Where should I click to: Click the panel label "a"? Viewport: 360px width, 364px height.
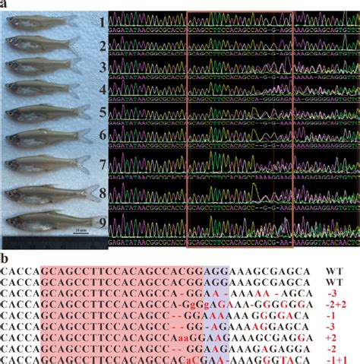tap(4, 5)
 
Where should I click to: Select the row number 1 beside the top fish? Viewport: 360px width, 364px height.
tap(101, 23)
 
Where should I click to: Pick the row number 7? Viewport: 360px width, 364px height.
tap(101, 163)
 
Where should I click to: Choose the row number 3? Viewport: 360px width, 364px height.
tap(101, 68)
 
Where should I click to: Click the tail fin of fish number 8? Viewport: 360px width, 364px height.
tap(90, 191)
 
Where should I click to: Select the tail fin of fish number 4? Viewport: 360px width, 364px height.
tap(76, 88)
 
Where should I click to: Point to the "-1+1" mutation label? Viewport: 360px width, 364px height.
tap(336, 358)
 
